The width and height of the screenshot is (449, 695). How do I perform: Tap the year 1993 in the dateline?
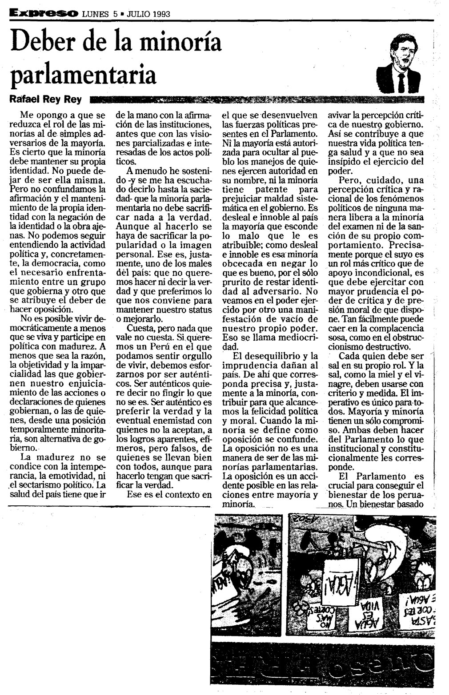pos(161,13)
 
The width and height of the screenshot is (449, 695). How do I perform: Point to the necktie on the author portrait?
pos(402,82)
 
